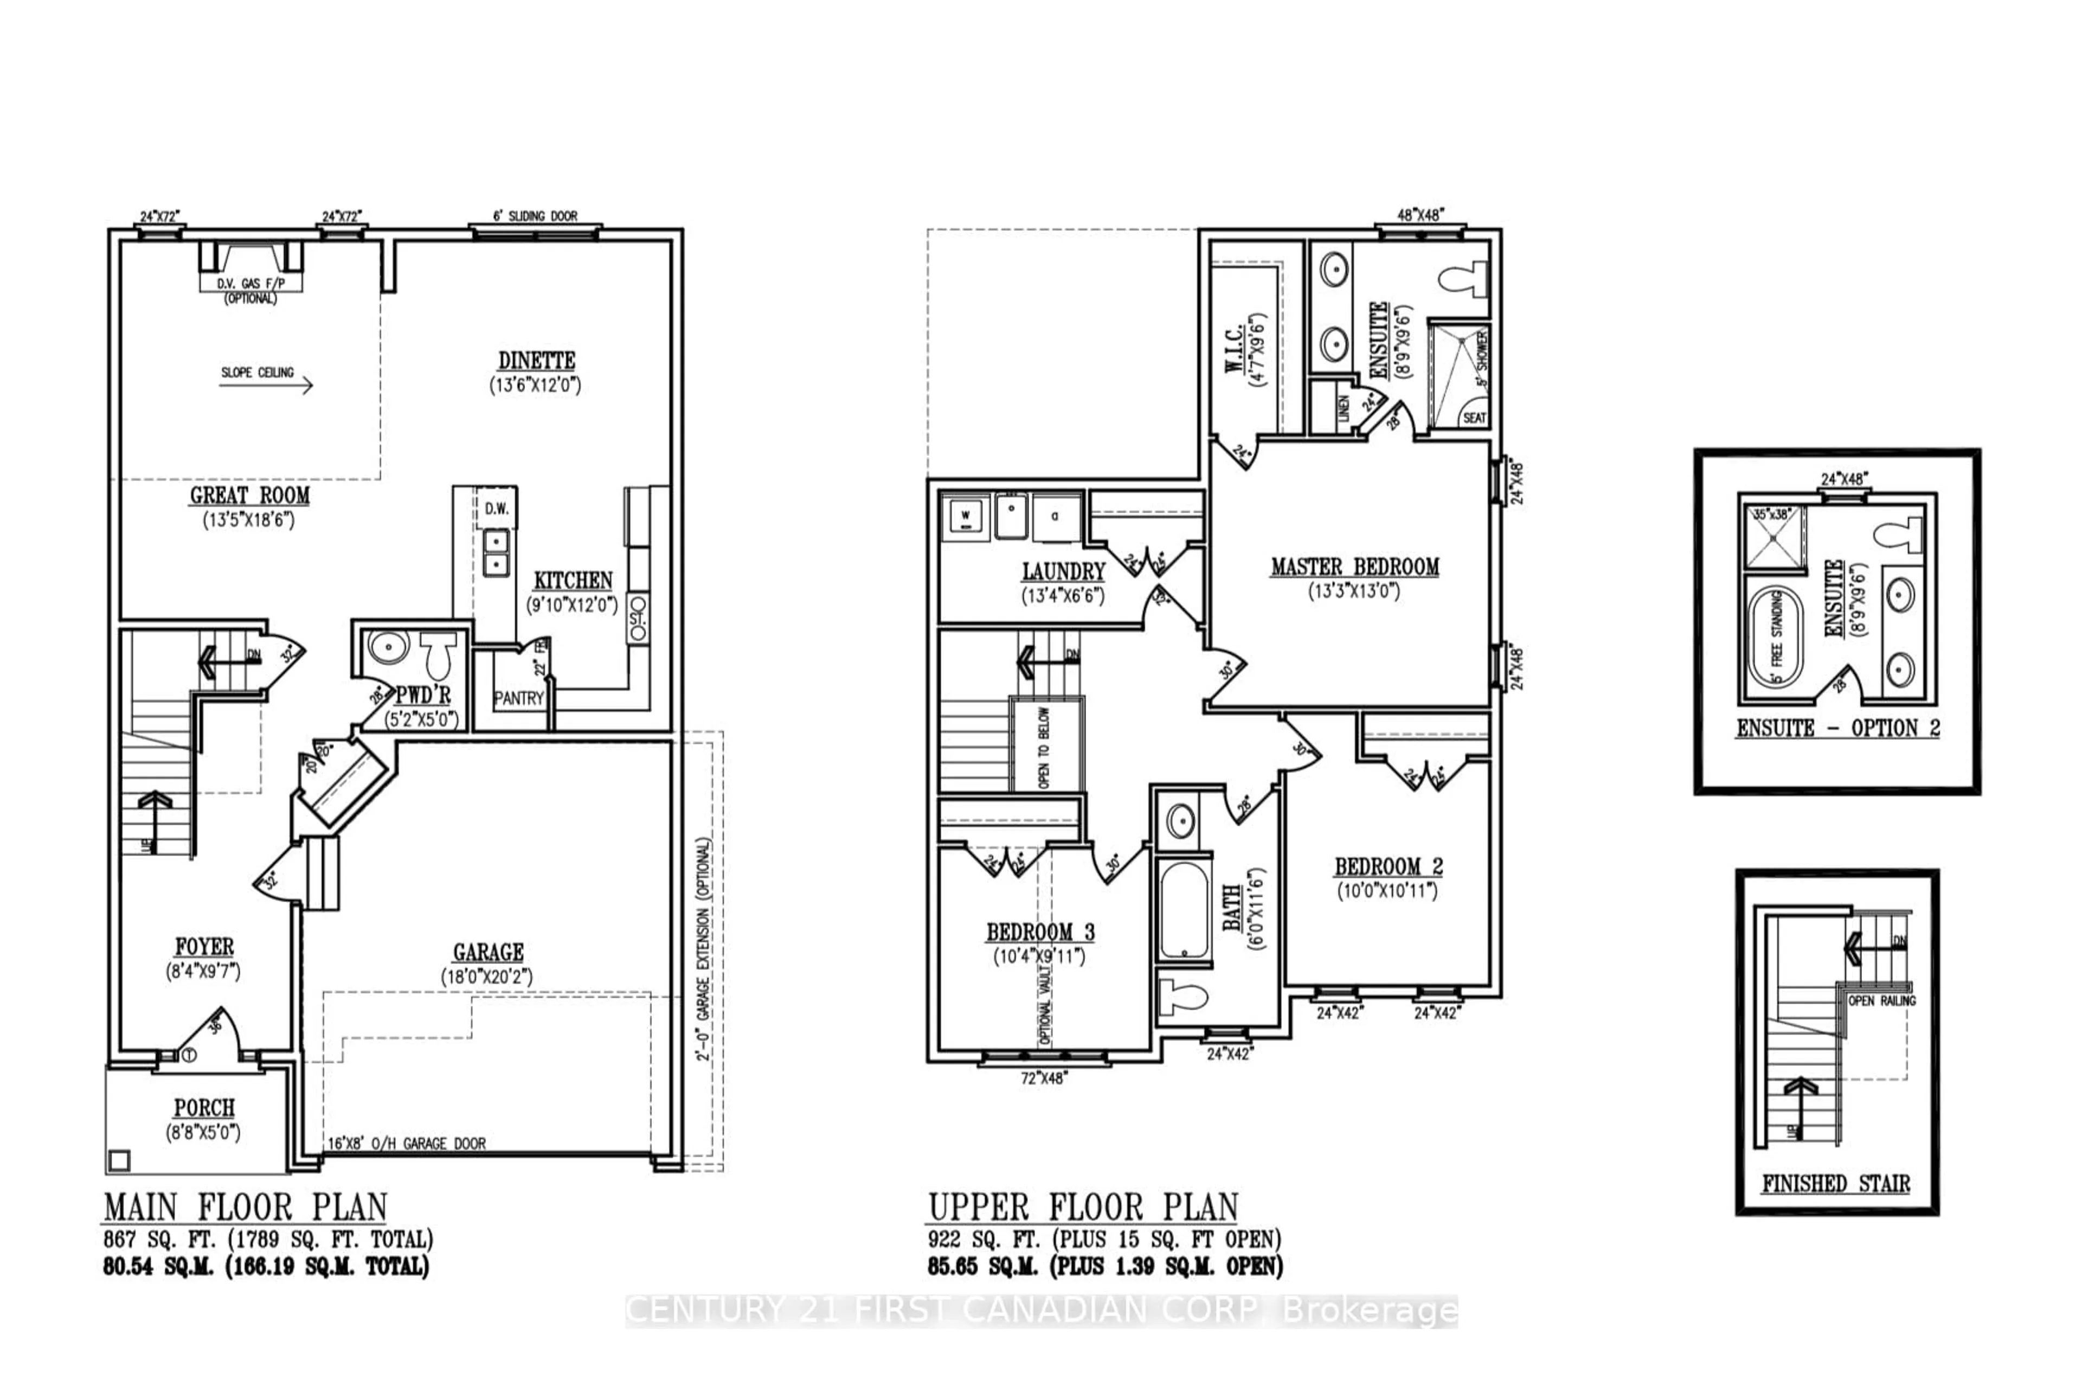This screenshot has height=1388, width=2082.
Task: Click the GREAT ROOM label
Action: pos(249,496)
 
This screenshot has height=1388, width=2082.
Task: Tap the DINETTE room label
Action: pos(536,361)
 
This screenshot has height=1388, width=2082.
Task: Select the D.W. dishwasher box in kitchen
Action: pos(496,508)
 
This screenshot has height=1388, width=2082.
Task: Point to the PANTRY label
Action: pos(519,698)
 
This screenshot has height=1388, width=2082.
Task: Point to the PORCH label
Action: pos(204,1108)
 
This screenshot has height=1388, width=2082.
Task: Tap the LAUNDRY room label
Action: pos(1063,572)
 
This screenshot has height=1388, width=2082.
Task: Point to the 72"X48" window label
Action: pos(1044,1078)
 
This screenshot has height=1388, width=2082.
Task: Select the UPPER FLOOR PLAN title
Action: pos(1083,1207)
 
